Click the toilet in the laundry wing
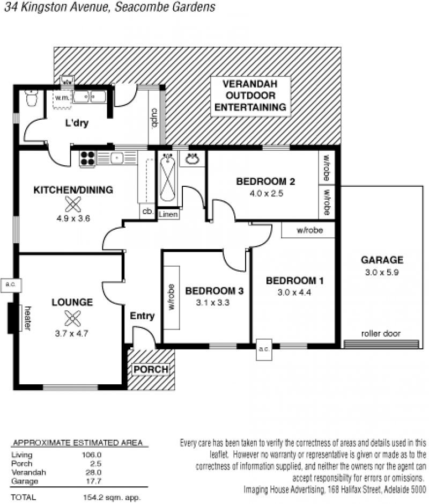32,98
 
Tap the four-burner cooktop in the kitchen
87,158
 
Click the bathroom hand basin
191,159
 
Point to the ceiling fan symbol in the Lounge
72,318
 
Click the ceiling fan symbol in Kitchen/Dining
73,204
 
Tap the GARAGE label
382,260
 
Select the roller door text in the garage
381,334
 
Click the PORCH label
151,369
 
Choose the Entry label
142,316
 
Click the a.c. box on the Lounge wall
11,285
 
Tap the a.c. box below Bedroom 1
264,349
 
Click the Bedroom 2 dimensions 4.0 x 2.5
266,194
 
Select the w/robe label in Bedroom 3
172,297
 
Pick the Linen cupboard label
168,214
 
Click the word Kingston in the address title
43,7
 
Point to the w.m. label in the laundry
62,98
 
